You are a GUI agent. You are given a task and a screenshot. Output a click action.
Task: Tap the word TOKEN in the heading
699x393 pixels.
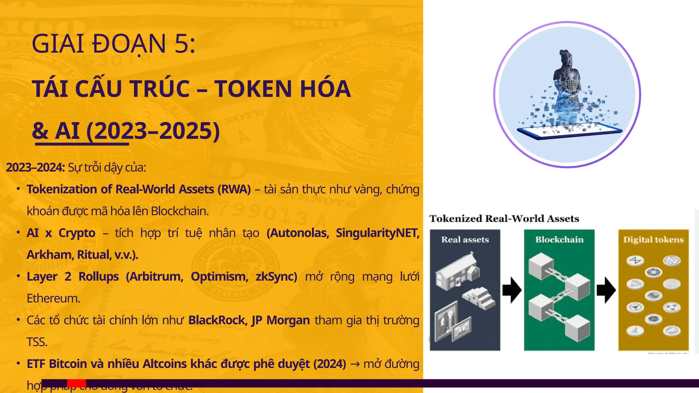pyautogui.click(x=252, y=89)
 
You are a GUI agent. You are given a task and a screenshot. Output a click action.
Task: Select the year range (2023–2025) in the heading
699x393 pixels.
pyautogui.click(x=153, y=131)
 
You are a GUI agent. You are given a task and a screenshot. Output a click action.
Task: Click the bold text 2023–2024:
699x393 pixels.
pyautogui.click(x=35, y=168)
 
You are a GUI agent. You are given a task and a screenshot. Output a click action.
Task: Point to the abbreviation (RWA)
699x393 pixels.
pyautogui.click(x=234, y=189)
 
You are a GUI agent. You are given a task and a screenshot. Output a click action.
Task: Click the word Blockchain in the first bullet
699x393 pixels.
pyautogui.click(x=180, y=211)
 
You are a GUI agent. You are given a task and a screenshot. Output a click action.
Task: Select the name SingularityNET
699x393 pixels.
pyautogui.click(x=377, y=233)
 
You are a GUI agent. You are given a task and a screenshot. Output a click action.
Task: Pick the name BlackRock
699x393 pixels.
pyautogui.click(x=217, y=320)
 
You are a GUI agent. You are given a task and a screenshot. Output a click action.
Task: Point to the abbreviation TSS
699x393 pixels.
pyautogui.click(x=37, y=342)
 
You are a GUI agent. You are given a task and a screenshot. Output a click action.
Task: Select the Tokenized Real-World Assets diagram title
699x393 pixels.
pyautogui.click(x=504, y=219)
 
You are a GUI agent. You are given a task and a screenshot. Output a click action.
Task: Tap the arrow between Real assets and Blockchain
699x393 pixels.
pyautogui.click(x=512, y=290)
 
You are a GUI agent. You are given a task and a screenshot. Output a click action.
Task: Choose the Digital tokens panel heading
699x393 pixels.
pyautogui.click(x=653, y=240)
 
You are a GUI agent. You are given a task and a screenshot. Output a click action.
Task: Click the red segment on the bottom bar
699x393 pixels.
pyautogui.click(x=76, y=383)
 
